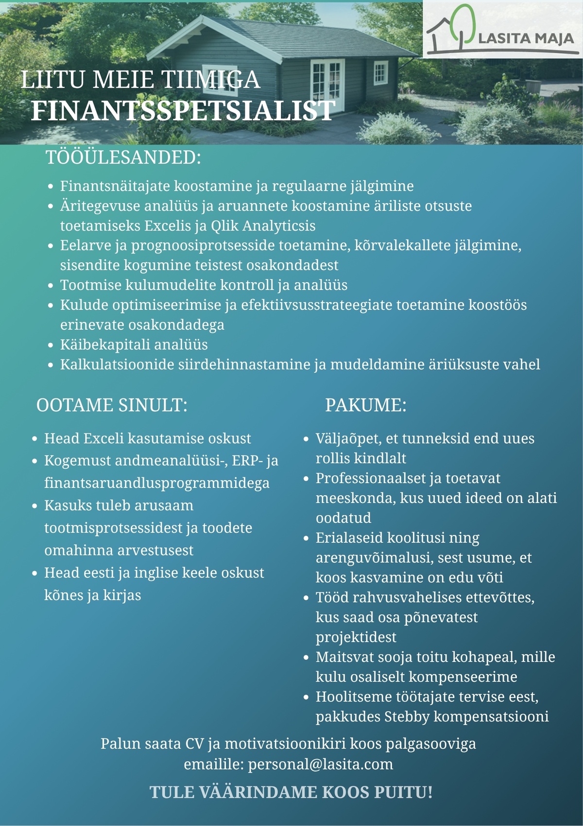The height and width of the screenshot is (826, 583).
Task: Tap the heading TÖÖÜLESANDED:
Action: tap(123, 158)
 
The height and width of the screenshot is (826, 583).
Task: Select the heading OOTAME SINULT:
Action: tap(112, 405)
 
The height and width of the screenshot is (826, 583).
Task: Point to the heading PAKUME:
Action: tap(365, 405)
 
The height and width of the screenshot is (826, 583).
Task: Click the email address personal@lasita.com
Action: tap(320, 764)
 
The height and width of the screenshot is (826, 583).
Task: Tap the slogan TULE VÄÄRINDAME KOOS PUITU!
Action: tap(291, 792)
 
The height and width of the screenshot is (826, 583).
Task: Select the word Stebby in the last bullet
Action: tap(407, 717)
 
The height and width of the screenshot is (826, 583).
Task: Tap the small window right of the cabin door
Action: tap(380, 73)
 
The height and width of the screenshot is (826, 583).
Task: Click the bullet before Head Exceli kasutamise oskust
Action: tap(34, 439)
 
